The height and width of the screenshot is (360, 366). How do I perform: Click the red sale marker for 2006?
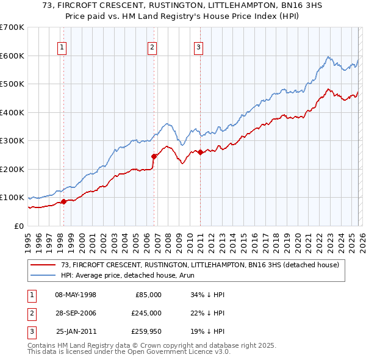154,156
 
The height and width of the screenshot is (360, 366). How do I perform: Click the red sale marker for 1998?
63,201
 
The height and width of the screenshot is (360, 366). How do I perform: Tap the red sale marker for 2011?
200,152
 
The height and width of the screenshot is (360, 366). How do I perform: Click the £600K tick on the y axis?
12,56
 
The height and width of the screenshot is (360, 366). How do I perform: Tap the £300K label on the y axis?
12,141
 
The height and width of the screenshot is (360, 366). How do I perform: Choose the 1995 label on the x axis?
28,238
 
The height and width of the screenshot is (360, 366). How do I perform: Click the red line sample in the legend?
43,264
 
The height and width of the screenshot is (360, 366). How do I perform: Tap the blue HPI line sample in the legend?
43,275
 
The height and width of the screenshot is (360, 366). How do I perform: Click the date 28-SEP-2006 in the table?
76,313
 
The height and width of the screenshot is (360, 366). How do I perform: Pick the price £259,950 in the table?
146,331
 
